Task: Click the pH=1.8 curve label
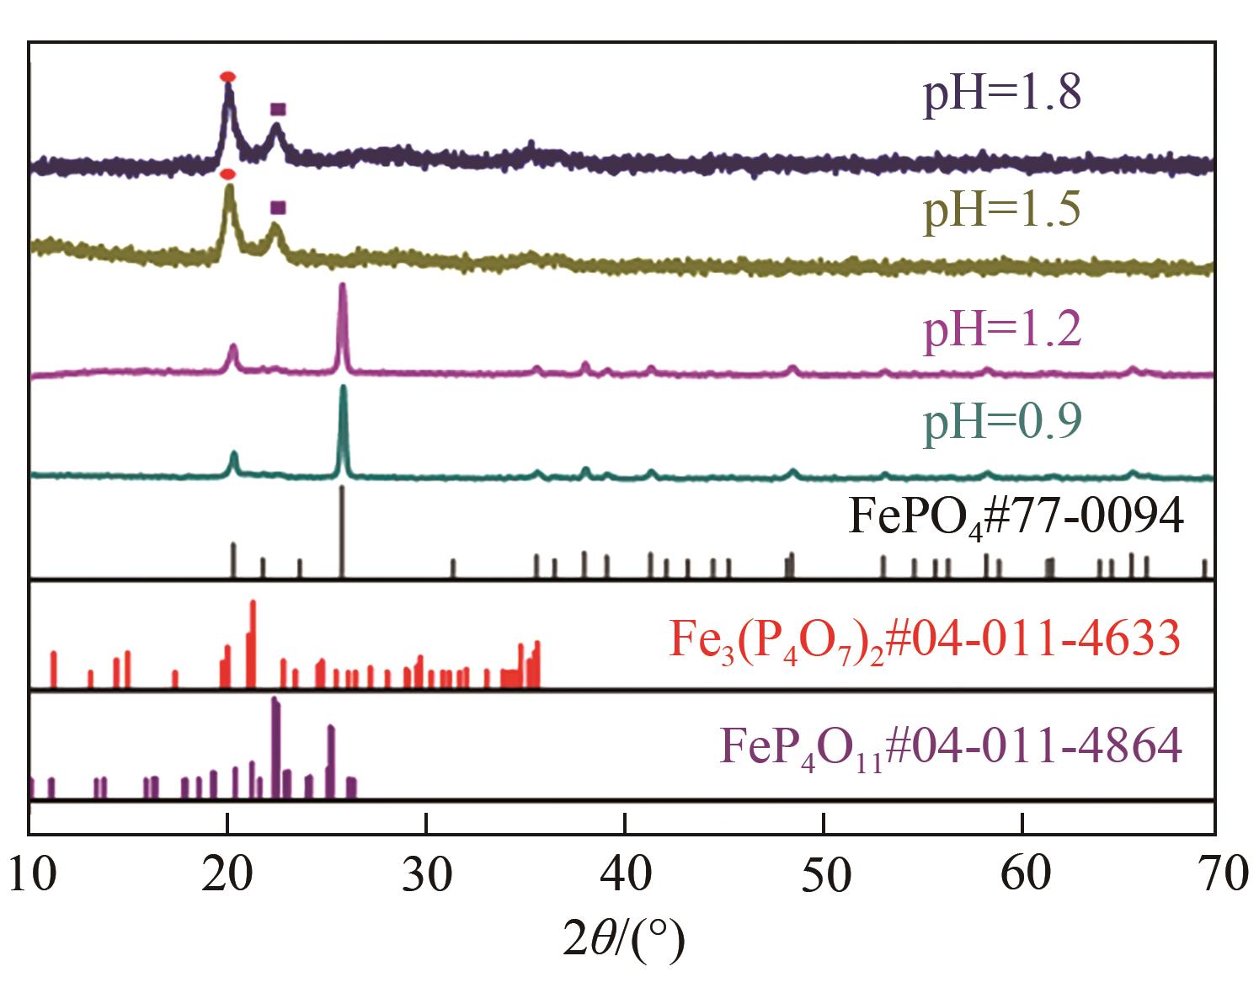pyautogui.click(x=1002, y=94)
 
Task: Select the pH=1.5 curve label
pyautogui.click(x=1002, y=210)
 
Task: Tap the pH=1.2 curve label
pyautogui.click(x=1002, y=329)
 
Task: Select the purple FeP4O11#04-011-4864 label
pyautogui.click(x=951, y=747)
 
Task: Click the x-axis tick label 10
pyautogui.click(x=34, y=874)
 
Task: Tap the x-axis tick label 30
pyautogui.click(x=426, y=874)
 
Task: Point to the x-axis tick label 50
pyautogui.click(x=824, y=874)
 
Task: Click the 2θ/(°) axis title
pyautogui.click(x=624, y=938)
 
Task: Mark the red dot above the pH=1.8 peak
pyautogui.click(x=227, y=77)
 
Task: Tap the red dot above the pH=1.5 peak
pyautogui.click(x=227, y=174)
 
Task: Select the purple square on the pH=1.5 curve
pyautogui.click(x=278, y=207)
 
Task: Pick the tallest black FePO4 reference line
pyautogui.click(x=342, y=531)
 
